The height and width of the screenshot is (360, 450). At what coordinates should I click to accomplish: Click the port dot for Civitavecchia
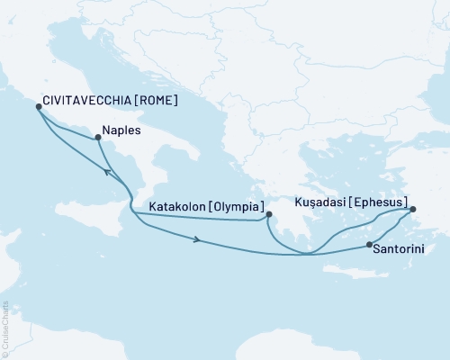[39, 106]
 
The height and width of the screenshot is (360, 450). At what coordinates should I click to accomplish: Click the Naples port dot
[97, 137]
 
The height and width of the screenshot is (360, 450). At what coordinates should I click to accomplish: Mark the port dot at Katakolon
[268, 214]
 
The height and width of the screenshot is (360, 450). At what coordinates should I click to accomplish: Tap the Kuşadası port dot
[413, 211]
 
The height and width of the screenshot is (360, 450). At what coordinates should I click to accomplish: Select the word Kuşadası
[315, 202]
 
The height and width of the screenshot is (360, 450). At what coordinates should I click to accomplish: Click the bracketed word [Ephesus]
[378, 202]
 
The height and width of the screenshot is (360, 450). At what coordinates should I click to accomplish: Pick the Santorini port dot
[370, 244]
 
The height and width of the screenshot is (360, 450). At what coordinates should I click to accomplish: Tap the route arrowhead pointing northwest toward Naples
[108, 171]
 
